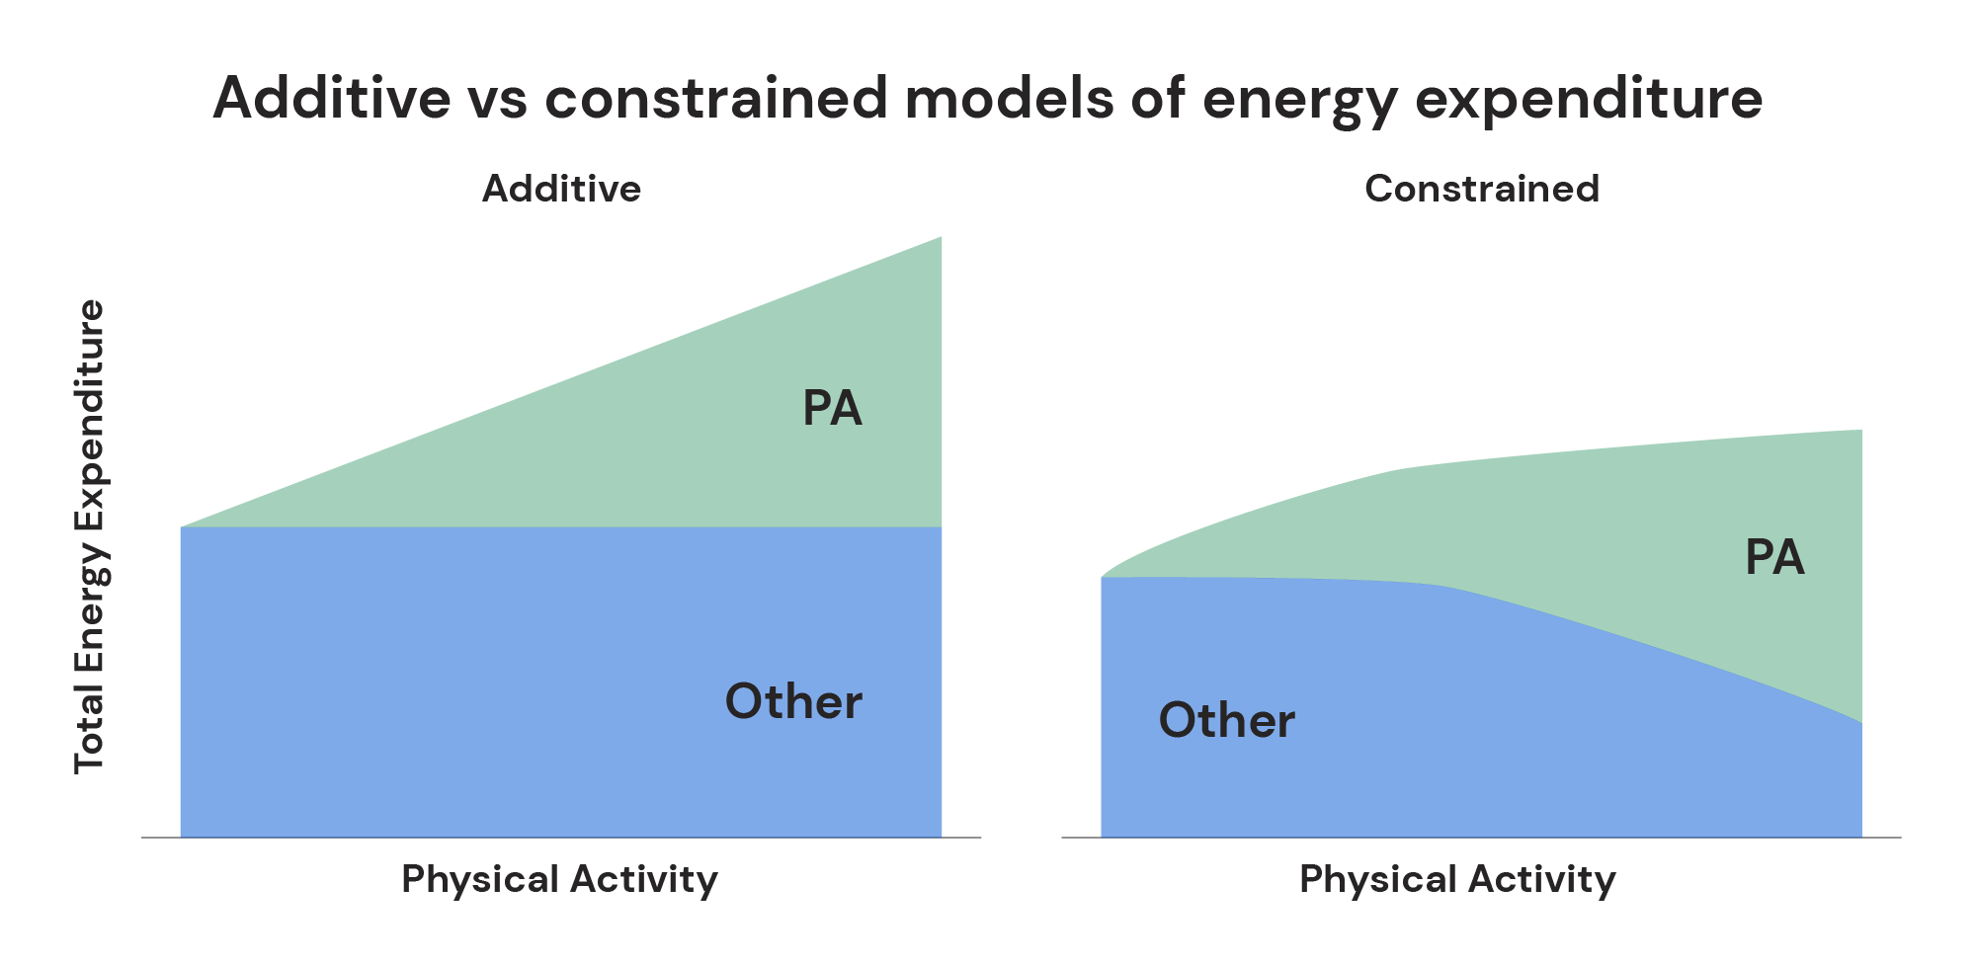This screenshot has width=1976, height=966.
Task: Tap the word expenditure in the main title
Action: pos(1589,99)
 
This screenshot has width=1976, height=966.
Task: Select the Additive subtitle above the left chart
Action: pos(561,189)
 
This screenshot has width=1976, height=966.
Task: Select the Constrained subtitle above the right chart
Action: pos(1481,189)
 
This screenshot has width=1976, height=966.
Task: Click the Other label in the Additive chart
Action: pos(793,702)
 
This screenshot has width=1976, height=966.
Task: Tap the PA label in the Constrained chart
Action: pos(1774,558)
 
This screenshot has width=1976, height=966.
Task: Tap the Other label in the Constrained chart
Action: pos(1226,721)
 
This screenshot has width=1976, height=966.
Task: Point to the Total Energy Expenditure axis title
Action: pos(89,536)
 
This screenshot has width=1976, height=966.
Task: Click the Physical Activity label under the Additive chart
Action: pos(559,879)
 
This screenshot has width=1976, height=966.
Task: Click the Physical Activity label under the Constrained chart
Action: pos(1457,879)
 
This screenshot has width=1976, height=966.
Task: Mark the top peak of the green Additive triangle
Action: pos(940,239)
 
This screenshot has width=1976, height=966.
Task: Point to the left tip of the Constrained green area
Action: pos(1105,575)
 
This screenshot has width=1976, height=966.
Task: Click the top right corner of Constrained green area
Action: pos(1860,432)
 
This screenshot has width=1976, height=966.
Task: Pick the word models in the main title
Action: pos(1009,99)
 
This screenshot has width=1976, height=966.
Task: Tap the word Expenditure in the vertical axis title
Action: pos(89,400)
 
